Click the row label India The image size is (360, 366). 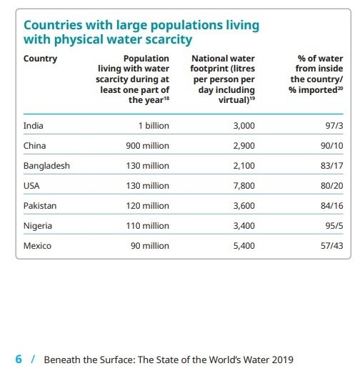(x=34, y=126)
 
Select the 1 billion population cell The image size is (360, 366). (x=154, y=126)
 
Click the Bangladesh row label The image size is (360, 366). (x=46, y=166)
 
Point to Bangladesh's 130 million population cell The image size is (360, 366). (x=148, y=166)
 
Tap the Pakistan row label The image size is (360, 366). (x=40, y=206)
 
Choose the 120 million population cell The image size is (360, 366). (x=148, y=206)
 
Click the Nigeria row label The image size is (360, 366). (x=38, y=226)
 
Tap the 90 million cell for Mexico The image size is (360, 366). (x=151, y=246)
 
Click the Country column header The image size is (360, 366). (x=41, y=59)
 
